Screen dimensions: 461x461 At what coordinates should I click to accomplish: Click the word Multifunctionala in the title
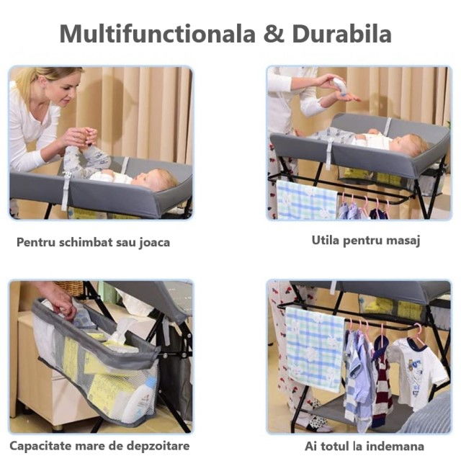coord(158,34)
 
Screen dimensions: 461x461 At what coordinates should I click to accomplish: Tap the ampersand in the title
coord(274,34)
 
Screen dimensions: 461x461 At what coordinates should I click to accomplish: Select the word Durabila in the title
coord(341,34)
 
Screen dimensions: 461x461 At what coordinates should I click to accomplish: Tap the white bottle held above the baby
coord(339,86)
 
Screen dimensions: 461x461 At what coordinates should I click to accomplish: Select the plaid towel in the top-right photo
coord(307,200)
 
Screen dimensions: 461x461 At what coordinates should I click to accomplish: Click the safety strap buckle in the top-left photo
coord(67,176)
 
